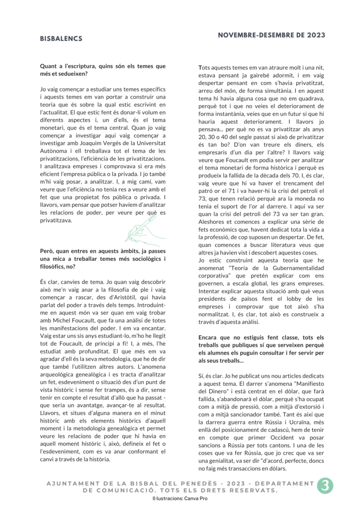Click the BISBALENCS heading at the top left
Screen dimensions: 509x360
(x=61, y=38)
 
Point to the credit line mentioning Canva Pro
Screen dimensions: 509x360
(x=180, y=498)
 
